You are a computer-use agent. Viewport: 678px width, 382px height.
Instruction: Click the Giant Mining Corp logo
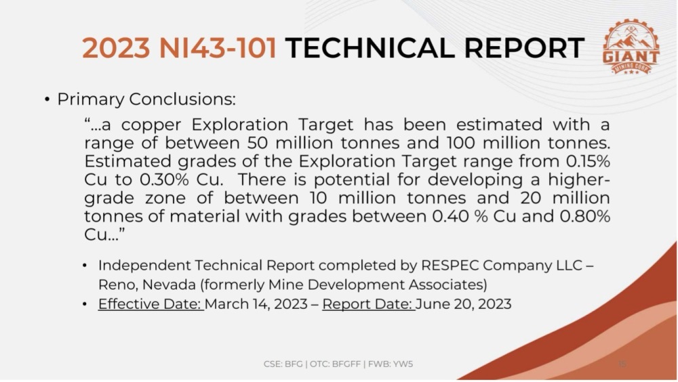[631, 47]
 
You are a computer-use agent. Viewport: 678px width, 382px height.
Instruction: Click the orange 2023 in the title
[117, 47]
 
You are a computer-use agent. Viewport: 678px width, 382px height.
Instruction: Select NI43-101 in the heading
[218, 47]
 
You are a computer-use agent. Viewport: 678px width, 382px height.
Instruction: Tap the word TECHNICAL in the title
[370, 47]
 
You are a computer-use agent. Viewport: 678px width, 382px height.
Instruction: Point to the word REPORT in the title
[525, 47]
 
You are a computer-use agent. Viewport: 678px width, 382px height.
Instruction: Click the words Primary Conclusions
[146, 99]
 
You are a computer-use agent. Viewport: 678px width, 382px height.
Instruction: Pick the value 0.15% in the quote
[588, 161]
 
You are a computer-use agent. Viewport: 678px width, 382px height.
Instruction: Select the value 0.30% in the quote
[164, 179]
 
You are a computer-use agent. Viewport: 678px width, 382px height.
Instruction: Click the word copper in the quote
[151, 125]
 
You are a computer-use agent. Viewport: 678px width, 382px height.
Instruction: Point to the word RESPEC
[450, 265]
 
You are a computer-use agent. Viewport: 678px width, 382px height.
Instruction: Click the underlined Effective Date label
[151, 304]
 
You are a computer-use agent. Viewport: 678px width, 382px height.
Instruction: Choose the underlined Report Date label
[368, 304]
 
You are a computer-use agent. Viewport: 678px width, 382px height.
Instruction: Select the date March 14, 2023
[256, 304]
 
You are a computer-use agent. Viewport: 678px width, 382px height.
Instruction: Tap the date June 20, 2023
[464, 304]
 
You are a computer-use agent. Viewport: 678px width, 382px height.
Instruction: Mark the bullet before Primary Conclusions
[47, 100]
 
